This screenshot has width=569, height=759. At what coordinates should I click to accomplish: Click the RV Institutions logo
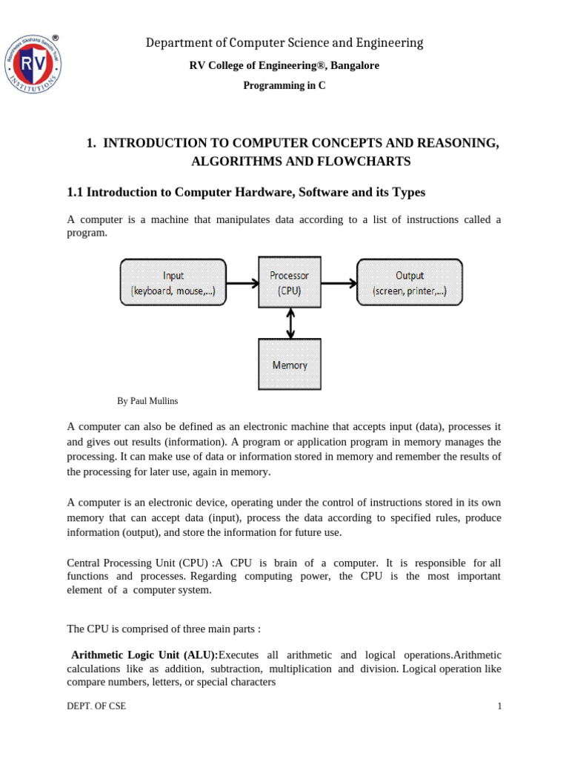[x=33, y=65]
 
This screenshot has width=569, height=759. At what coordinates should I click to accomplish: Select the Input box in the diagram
[x=173, y=282]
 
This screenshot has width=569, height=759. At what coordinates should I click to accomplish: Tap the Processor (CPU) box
[x=290, y=282]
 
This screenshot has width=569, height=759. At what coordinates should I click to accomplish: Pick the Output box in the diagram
[x=410, y=282]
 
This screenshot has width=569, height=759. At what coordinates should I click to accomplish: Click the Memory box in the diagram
[x=290, y=365]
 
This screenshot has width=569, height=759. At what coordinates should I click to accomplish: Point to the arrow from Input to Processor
[x=242, y=282]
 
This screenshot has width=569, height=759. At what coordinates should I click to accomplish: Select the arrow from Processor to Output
[x=339, y=282]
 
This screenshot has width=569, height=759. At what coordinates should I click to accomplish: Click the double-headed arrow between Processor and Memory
[x=290, y=323]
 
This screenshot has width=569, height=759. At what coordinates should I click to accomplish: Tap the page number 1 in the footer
[x=499, y=706]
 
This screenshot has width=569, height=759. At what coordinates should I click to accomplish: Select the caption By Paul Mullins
[x=147, y=401]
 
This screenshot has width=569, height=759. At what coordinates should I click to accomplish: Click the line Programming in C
[x=284, y=85]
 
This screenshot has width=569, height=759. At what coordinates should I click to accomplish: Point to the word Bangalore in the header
[x=355, y=65]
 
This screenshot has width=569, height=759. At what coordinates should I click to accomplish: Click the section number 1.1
[x=76, y=193]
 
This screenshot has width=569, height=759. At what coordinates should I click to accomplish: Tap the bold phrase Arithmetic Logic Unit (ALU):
[x=144, y=655]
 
